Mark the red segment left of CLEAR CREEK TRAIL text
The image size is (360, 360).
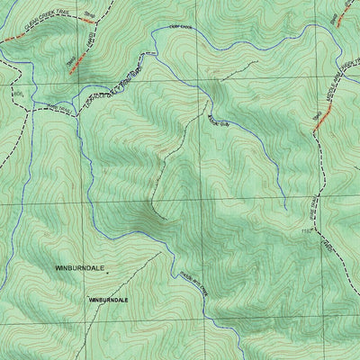[x=8, y=39]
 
